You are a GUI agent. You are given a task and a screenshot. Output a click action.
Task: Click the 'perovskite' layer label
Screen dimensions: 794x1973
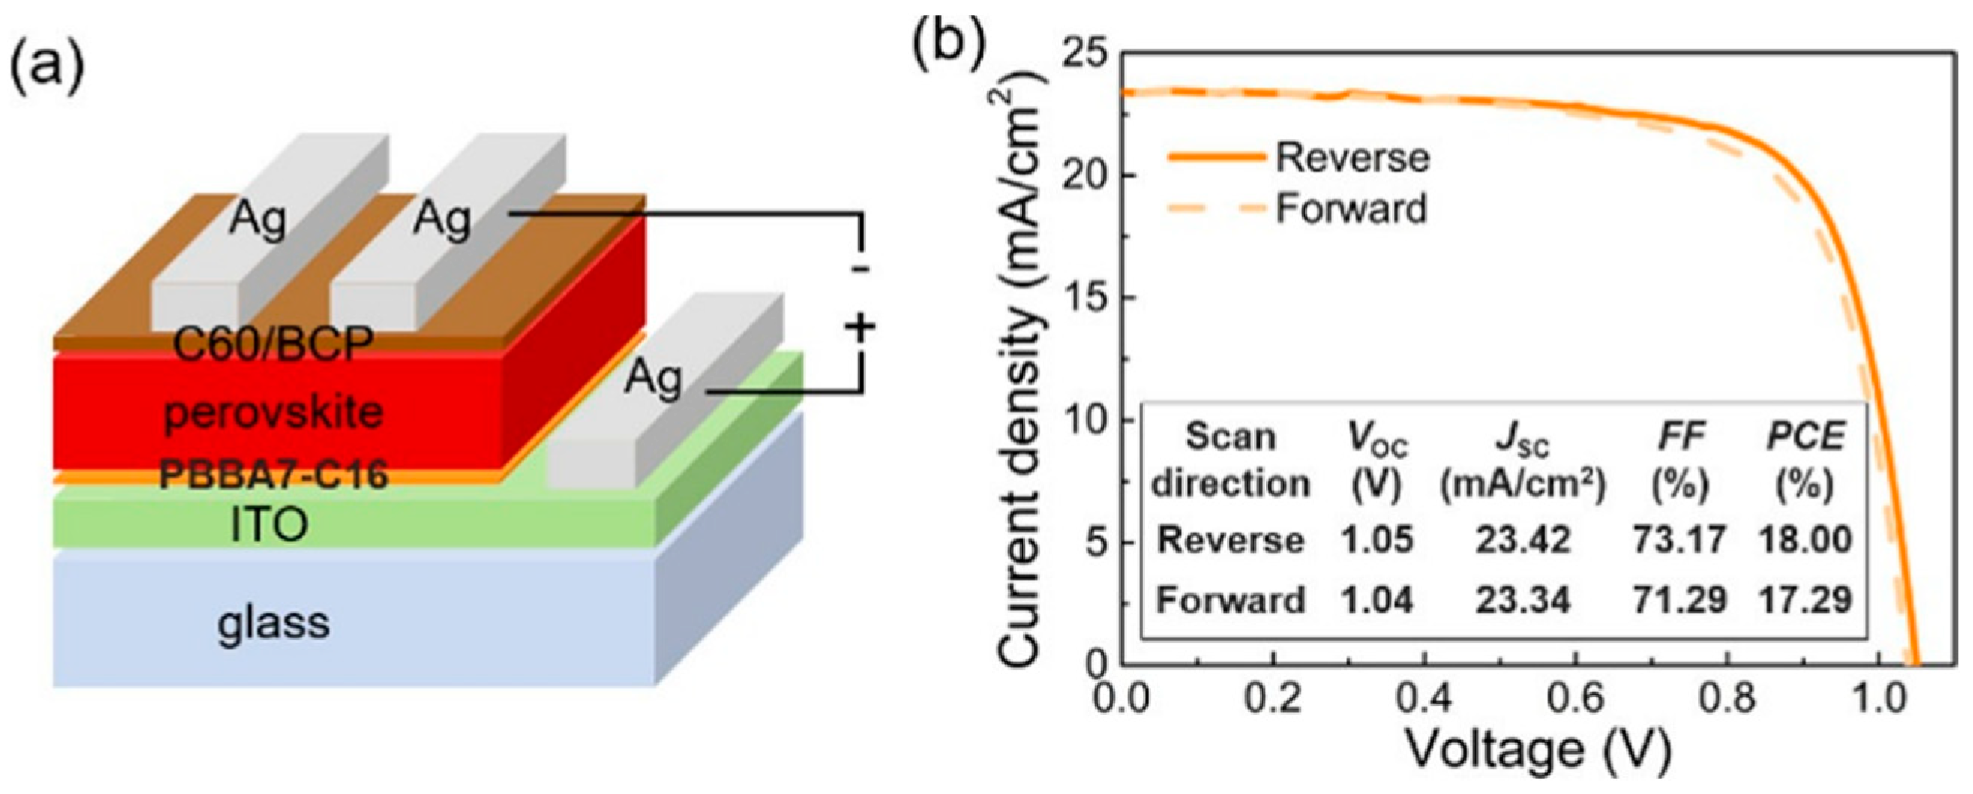tap(273, 414)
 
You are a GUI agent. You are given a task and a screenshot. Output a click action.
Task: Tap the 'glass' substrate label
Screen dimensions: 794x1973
tap(273, 622)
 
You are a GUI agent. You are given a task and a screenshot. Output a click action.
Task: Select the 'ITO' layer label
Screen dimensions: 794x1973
tap(269, 525)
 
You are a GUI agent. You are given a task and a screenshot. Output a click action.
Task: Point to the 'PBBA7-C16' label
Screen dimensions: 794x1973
tap(273, 475)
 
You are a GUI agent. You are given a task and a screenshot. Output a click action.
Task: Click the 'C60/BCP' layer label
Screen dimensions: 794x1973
tap(273, 345)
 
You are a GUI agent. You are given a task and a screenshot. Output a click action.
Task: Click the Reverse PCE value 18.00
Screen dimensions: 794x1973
tap(1805, 539)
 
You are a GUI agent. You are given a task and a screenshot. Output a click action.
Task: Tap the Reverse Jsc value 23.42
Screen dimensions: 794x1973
tap(1524, 539)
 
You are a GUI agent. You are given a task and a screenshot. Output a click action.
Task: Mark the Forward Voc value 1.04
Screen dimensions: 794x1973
tap(1377, 599)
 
